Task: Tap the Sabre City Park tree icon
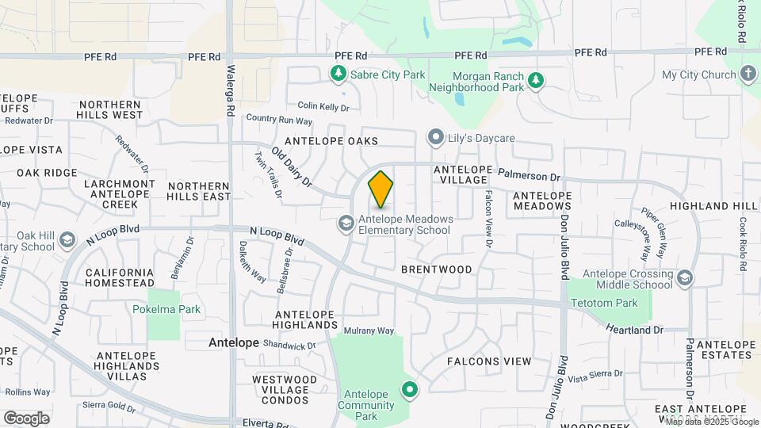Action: [338, 75]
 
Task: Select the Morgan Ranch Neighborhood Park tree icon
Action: [537, 80]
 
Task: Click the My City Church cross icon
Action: [748, 75]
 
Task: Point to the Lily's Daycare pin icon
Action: [434, 138]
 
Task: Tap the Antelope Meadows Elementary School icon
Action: [346, 224]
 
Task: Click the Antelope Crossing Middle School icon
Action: [684, 278]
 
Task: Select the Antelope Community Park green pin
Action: [410, 389]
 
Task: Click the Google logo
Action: [26, 418]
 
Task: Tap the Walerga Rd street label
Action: [231, 93]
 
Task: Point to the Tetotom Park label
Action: [605, 303]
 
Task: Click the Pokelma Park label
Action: [166, 309]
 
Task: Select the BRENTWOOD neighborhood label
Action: [436, 269]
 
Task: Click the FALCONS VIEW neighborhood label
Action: [489, 361]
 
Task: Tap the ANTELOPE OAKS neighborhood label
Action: [331, 141]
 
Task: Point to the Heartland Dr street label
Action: [634, 328]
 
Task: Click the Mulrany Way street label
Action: [369, 331]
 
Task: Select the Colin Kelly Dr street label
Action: [323, 105]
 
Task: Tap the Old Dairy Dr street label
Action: [293, 169]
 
